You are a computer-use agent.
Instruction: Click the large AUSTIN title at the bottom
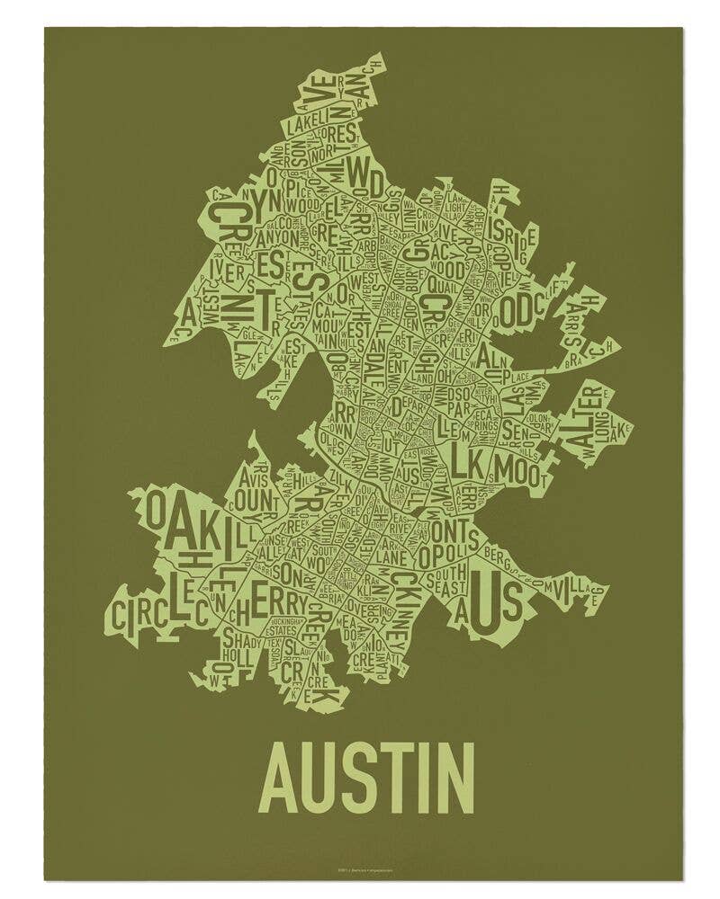[x=367, y=775]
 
